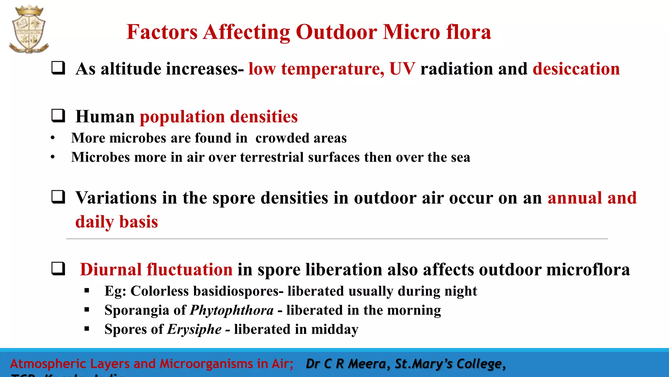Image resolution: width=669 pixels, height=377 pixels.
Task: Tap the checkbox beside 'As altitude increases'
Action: [58, 68]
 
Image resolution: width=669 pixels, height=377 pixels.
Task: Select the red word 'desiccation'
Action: [576, 69]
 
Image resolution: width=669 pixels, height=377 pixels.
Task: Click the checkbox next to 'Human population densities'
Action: [58, 116]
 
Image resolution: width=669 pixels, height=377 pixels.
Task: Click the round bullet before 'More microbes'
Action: [53, 138]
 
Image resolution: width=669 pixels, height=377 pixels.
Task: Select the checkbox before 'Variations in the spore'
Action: [58, 197]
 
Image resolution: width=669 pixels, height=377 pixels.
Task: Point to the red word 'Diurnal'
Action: [111, 270]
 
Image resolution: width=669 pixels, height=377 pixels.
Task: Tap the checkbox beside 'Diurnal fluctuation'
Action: [58, 269]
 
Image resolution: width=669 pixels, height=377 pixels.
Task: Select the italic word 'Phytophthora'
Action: [232, 310]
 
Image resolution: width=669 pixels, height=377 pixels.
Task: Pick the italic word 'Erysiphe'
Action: [194, 329]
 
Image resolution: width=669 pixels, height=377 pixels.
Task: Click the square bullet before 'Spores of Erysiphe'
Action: [87, 329]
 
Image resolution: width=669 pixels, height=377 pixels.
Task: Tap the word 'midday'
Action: [335, 329]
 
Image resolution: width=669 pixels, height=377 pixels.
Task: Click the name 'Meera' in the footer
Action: [367, 364]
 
